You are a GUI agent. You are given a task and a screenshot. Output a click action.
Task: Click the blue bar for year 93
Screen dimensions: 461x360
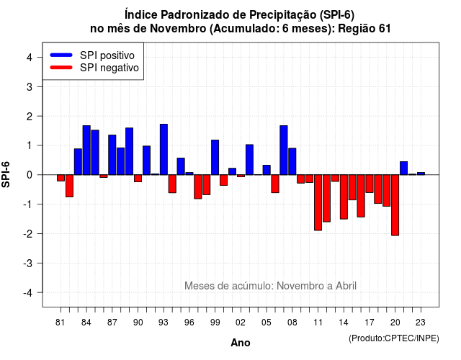tap(164, 149)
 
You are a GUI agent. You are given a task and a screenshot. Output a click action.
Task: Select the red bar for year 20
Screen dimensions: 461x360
tap(395, 205)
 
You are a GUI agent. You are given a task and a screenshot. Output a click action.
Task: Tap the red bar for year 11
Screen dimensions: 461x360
tap(318, 202)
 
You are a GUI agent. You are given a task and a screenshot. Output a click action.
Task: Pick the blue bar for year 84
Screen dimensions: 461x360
tap(86, 150)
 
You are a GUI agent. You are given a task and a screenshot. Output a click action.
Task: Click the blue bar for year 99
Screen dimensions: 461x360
tap(215, 157)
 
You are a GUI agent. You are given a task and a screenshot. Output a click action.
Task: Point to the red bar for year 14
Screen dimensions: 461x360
tap(344, 197)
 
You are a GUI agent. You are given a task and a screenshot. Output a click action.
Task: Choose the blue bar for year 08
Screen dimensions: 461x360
tap(292, 161)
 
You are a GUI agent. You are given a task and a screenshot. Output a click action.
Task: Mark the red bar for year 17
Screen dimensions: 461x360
tap(370, 184)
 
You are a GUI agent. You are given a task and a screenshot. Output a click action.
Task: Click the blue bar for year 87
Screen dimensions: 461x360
tap(112, 155)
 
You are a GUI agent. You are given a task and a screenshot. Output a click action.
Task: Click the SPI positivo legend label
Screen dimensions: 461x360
tap(107, 55)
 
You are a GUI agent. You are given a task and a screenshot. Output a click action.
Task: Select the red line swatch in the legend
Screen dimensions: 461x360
tap(61, 68)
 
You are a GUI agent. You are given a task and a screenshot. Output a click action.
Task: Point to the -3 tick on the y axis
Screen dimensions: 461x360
tap(39, 263)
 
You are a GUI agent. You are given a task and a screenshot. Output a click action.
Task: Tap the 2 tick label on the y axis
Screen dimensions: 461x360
tap(30, 117)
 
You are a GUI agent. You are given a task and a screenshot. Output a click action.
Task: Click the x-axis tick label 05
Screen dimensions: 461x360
tap(267, 323)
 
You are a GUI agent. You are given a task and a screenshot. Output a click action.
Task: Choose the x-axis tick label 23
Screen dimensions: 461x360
tap(421, 323)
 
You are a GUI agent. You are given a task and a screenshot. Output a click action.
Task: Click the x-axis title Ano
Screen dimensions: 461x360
tap(241, 343)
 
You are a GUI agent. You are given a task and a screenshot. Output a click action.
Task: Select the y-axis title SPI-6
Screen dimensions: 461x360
tap(6, 174)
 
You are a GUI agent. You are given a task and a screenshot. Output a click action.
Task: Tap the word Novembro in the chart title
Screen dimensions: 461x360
tap(178, 29)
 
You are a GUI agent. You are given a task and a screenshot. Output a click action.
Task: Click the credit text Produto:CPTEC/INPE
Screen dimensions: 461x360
tap(394, 338)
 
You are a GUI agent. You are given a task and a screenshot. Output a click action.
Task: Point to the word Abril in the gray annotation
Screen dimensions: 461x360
tap(346, 286)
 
